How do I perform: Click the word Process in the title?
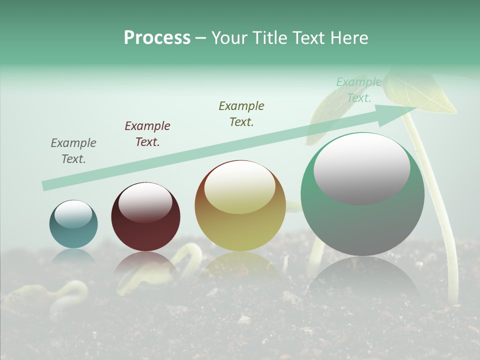coord(157,38)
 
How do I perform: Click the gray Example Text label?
coord(73,151)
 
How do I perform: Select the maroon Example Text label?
coord(147,134)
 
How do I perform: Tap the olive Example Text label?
coord(241,114)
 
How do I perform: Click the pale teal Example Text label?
coord(359,90)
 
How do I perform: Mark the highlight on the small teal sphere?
coord(73,214)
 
